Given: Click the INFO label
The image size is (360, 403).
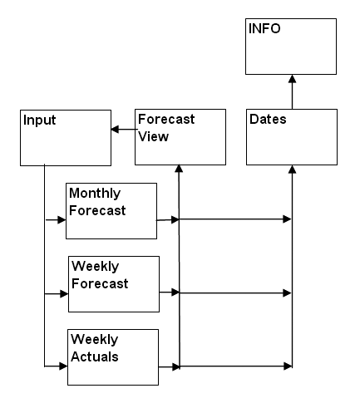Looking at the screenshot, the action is (264, 28).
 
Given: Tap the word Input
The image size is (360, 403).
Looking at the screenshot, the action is (39, 120).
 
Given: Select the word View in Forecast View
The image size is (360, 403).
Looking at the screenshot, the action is (153, 136).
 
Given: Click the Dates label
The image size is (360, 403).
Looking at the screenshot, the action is (268, 119).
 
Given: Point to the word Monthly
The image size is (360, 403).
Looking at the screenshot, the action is (95, 194).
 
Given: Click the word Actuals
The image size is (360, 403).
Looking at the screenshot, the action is (95, 356).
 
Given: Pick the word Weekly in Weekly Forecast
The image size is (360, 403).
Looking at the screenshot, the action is (95, 267).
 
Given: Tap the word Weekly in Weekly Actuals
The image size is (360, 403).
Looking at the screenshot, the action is (94, 340).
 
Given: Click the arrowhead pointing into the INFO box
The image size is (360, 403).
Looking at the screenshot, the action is (292, 79).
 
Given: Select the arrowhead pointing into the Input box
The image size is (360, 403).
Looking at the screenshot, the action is (115, 129).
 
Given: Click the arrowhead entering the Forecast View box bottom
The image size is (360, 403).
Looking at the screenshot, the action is (179, 169).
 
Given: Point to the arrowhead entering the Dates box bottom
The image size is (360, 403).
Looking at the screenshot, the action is (292, 170).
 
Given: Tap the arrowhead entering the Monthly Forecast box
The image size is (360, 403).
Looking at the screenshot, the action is (62, 220).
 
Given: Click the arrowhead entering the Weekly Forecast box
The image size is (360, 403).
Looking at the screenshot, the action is (64, 293).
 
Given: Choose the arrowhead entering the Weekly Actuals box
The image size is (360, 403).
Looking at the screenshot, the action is (63, 366).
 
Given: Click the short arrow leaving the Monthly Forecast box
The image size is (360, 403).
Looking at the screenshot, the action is (168, 220).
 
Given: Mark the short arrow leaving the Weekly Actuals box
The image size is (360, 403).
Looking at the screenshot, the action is (170, 367).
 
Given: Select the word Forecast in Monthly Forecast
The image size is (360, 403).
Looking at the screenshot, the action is (97, 210).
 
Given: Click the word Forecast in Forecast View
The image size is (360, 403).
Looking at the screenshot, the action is (166, 119).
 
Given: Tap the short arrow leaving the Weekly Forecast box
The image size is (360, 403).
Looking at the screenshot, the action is (170, 292).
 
